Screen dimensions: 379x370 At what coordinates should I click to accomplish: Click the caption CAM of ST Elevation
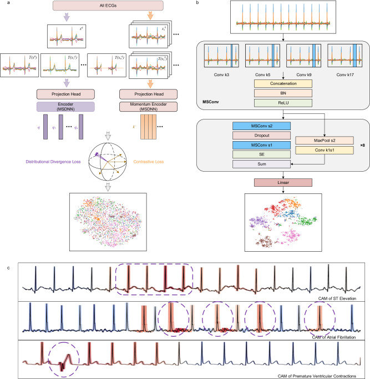click(342, 298)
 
